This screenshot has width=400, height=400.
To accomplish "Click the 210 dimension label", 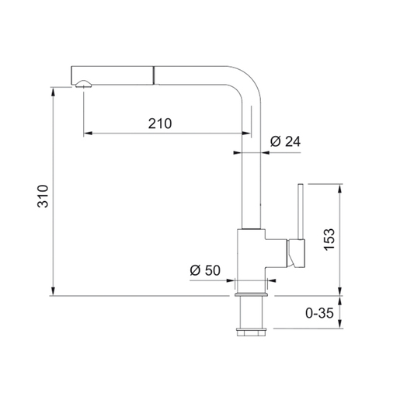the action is (160, 123).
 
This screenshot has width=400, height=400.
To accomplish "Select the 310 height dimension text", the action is (43, 196).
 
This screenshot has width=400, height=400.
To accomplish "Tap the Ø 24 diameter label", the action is (286, 141).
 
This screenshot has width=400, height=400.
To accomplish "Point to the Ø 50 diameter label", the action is (205, 270).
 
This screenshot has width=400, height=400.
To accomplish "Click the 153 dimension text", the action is (329, 239).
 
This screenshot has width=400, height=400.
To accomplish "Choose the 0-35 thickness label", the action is (319, 313).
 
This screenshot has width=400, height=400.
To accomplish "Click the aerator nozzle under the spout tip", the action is (83, 84).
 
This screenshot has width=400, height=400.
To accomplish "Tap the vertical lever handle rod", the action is (301, 211).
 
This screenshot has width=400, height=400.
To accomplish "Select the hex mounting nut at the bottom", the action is (251, 332).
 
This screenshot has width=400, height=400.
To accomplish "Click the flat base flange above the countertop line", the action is (251, 294).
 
